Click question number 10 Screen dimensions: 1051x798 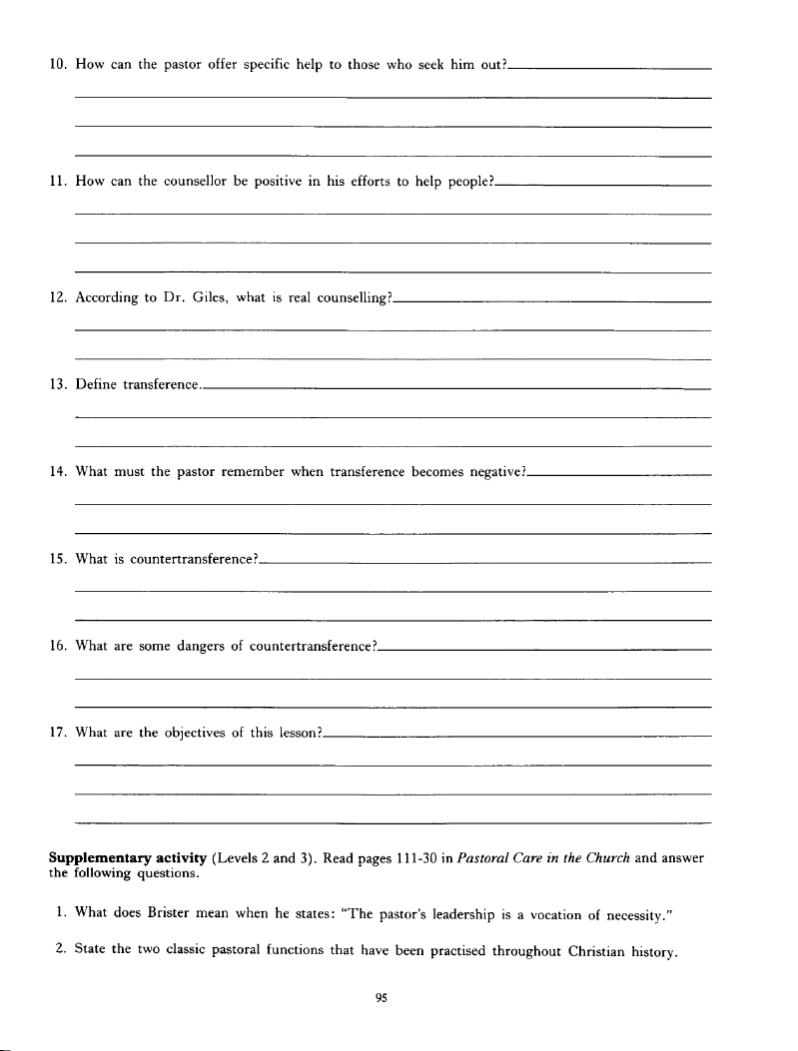[57, 65]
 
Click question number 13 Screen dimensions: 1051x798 [57, 385]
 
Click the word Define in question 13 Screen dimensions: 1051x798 [95, 385]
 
